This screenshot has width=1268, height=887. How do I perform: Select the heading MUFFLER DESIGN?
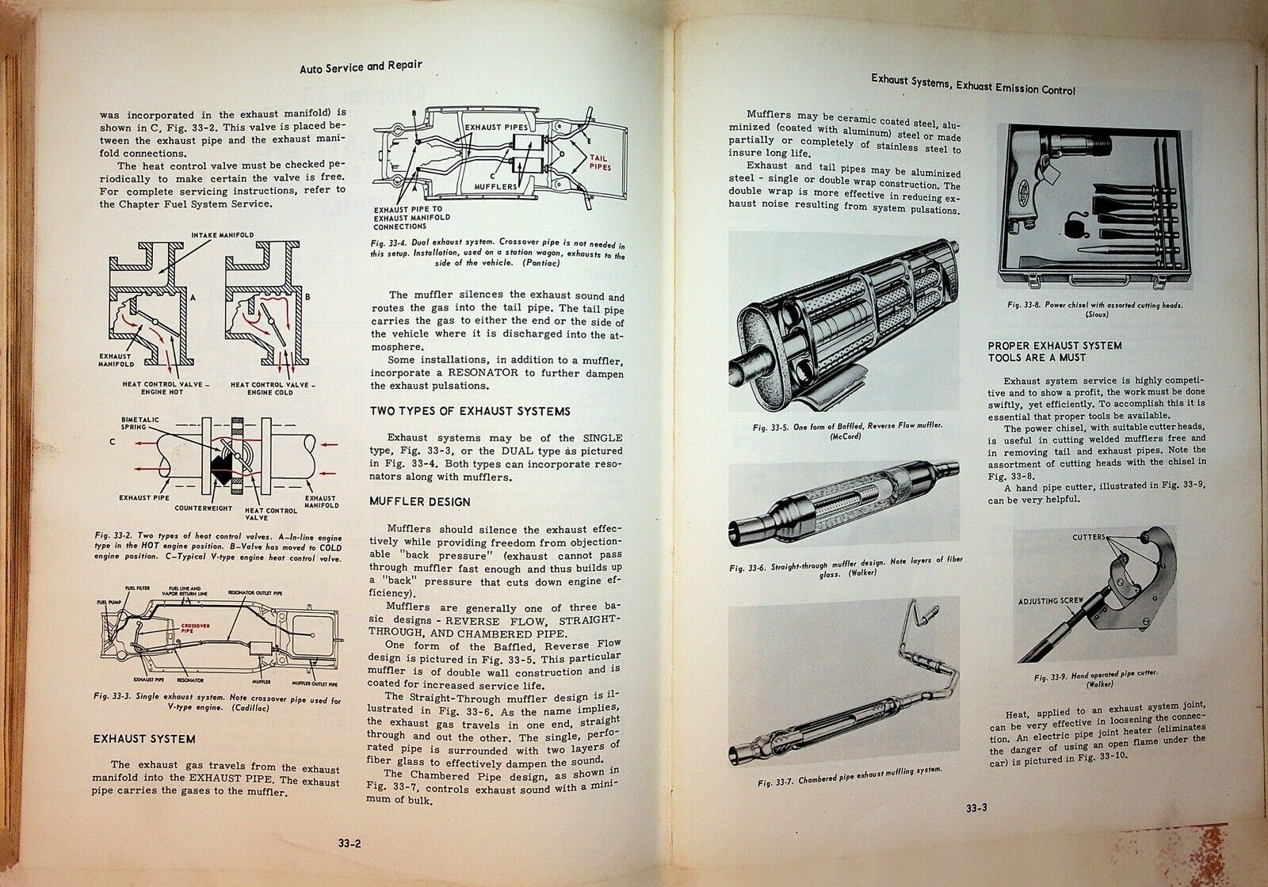click(420, 501)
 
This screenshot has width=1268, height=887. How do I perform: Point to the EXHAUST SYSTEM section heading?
click(143, 739)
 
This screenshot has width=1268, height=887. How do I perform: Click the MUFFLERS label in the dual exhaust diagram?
click(498, 186)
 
